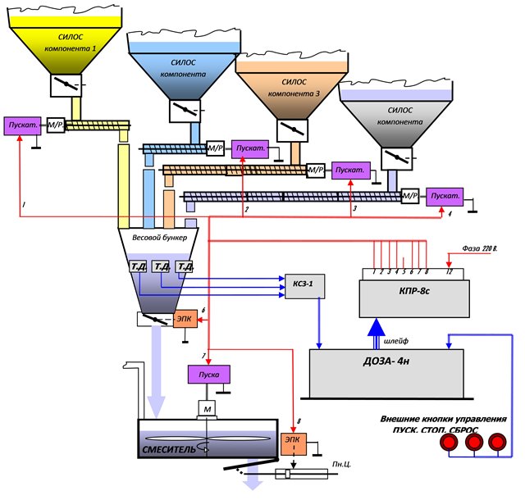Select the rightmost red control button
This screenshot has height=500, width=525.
(496, 443)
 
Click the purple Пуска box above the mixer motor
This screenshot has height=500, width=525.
(209, 375)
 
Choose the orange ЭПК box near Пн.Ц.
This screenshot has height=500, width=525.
(293, 439)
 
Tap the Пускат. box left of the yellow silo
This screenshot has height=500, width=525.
(22, 125)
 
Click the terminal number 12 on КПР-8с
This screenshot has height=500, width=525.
(449, 271)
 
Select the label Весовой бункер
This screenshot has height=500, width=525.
(159, 237)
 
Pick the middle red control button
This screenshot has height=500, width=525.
(473, 443)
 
